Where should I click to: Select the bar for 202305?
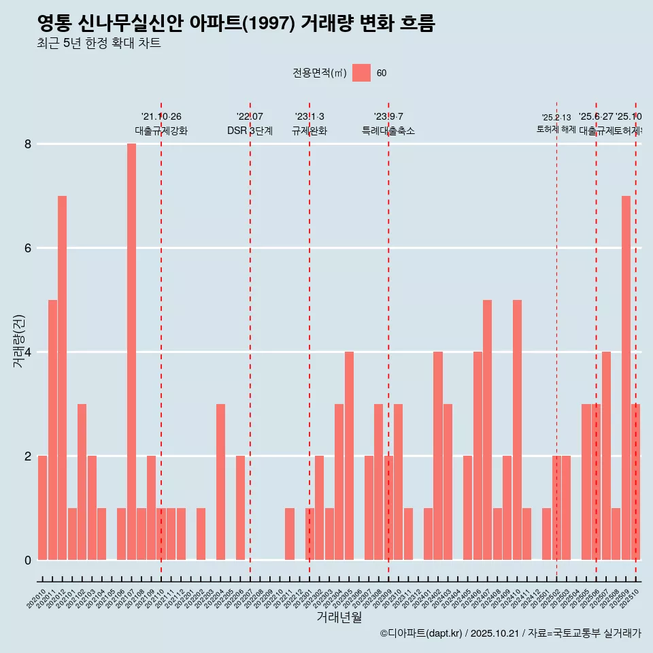[x=349, y=456]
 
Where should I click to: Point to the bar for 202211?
[x=290, y=534]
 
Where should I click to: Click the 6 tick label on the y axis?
[x=29, y=248]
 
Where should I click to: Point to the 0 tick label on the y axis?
[x=29, y=560]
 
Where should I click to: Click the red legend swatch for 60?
[x=361, y=73]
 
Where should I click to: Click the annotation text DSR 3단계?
[x=250, y=131]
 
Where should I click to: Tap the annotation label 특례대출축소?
[x=388, y=131]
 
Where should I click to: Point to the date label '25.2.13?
[x=556, y=118]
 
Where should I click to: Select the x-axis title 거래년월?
[x=339, y=618]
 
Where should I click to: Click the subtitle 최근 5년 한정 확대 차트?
[x=99, y=44]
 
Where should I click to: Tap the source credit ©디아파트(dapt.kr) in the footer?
[x=422, y=633]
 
